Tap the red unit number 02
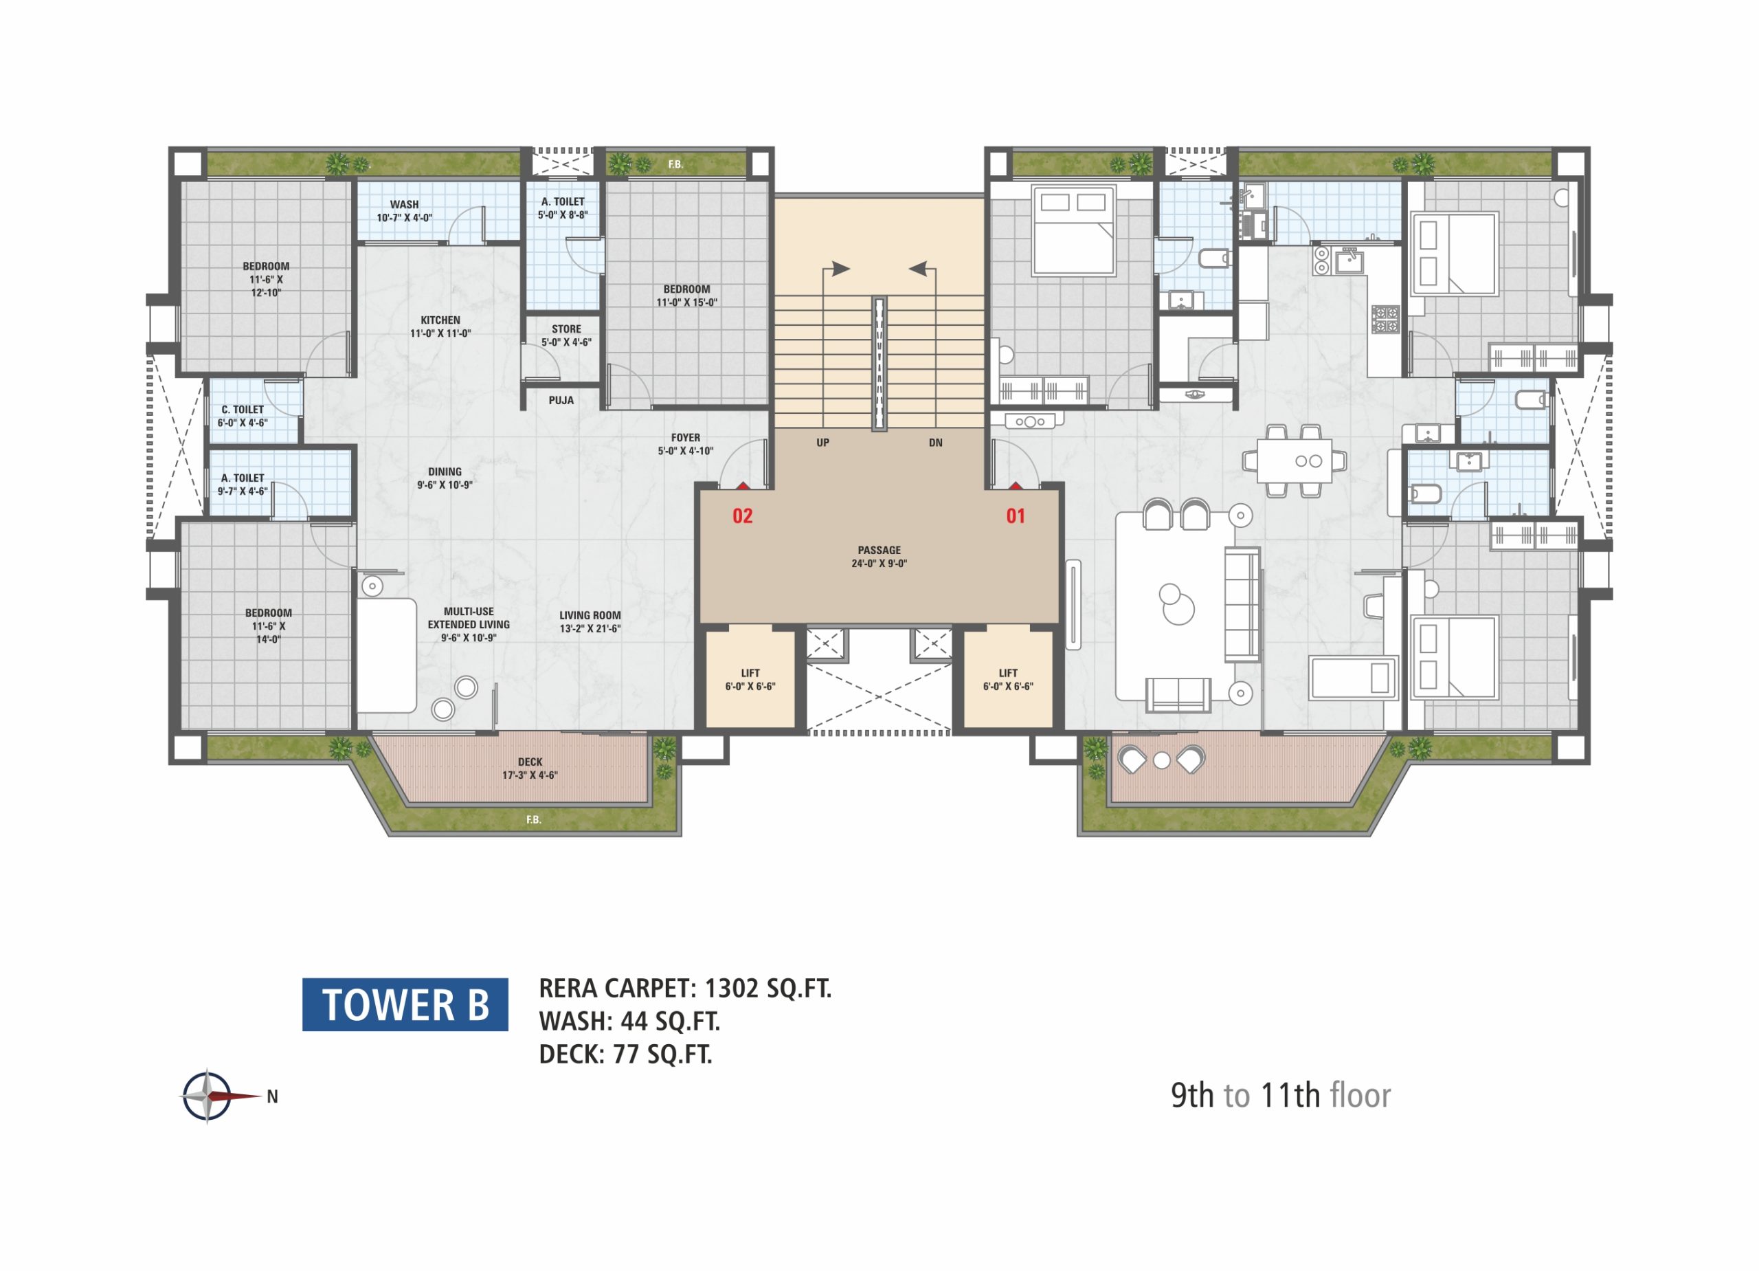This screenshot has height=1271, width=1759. coord(742,516)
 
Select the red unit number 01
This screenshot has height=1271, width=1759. coord(1016,516)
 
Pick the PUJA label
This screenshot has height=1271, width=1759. coord(561,400)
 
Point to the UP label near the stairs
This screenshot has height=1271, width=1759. coord(823,443)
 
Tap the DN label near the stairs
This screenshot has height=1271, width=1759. coord(936,443)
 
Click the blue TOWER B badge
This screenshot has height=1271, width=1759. coord(405,1004)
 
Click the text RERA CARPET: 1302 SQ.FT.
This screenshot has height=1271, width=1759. coord(685,988)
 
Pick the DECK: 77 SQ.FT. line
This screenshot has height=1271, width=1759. coord(626,1054)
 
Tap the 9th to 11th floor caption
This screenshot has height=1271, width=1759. coord(1281,1095)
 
